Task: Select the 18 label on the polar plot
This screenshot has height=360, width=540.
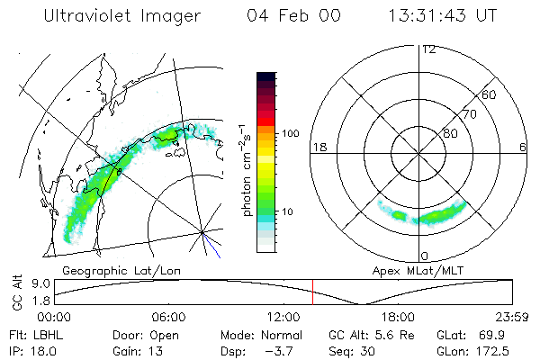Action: tap(319, 147)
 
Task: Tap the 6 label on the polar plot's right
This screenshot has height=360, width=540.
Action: tap(523, 147)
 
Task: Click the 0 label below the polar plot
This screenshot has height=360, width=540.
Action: tap(424, 256)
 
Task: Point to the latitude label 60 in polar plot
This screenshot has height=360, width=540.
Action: tap(490, 94)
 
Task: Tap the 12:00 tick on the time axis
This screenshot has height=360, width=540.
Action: tap(283, 317)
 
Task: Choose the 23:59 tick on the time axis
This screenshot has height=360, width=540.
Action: tap(513, 317)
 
